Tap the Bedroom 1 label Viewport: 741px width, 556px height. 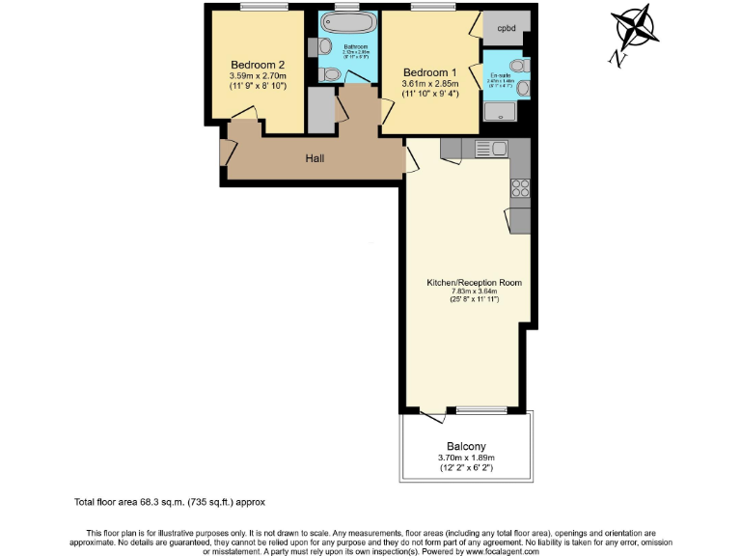[429, 72]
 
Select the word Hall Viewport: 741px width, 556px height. [315, 158]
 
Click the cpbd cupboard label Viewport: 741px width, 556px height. [506, 28]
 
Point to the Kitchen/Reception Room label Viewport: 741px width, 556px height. [475, 283]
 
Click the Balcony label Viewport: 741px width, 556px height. [466, 445]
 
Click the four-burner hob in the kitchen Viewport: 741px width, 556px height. [520, 188]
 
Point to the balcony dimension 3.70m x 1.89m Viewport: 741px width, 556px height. [466, 458]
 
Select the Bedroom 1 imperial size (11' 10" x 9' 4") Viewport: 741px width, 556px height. [429, 95]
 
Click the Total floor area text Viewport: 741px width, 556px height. [169, 503]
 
